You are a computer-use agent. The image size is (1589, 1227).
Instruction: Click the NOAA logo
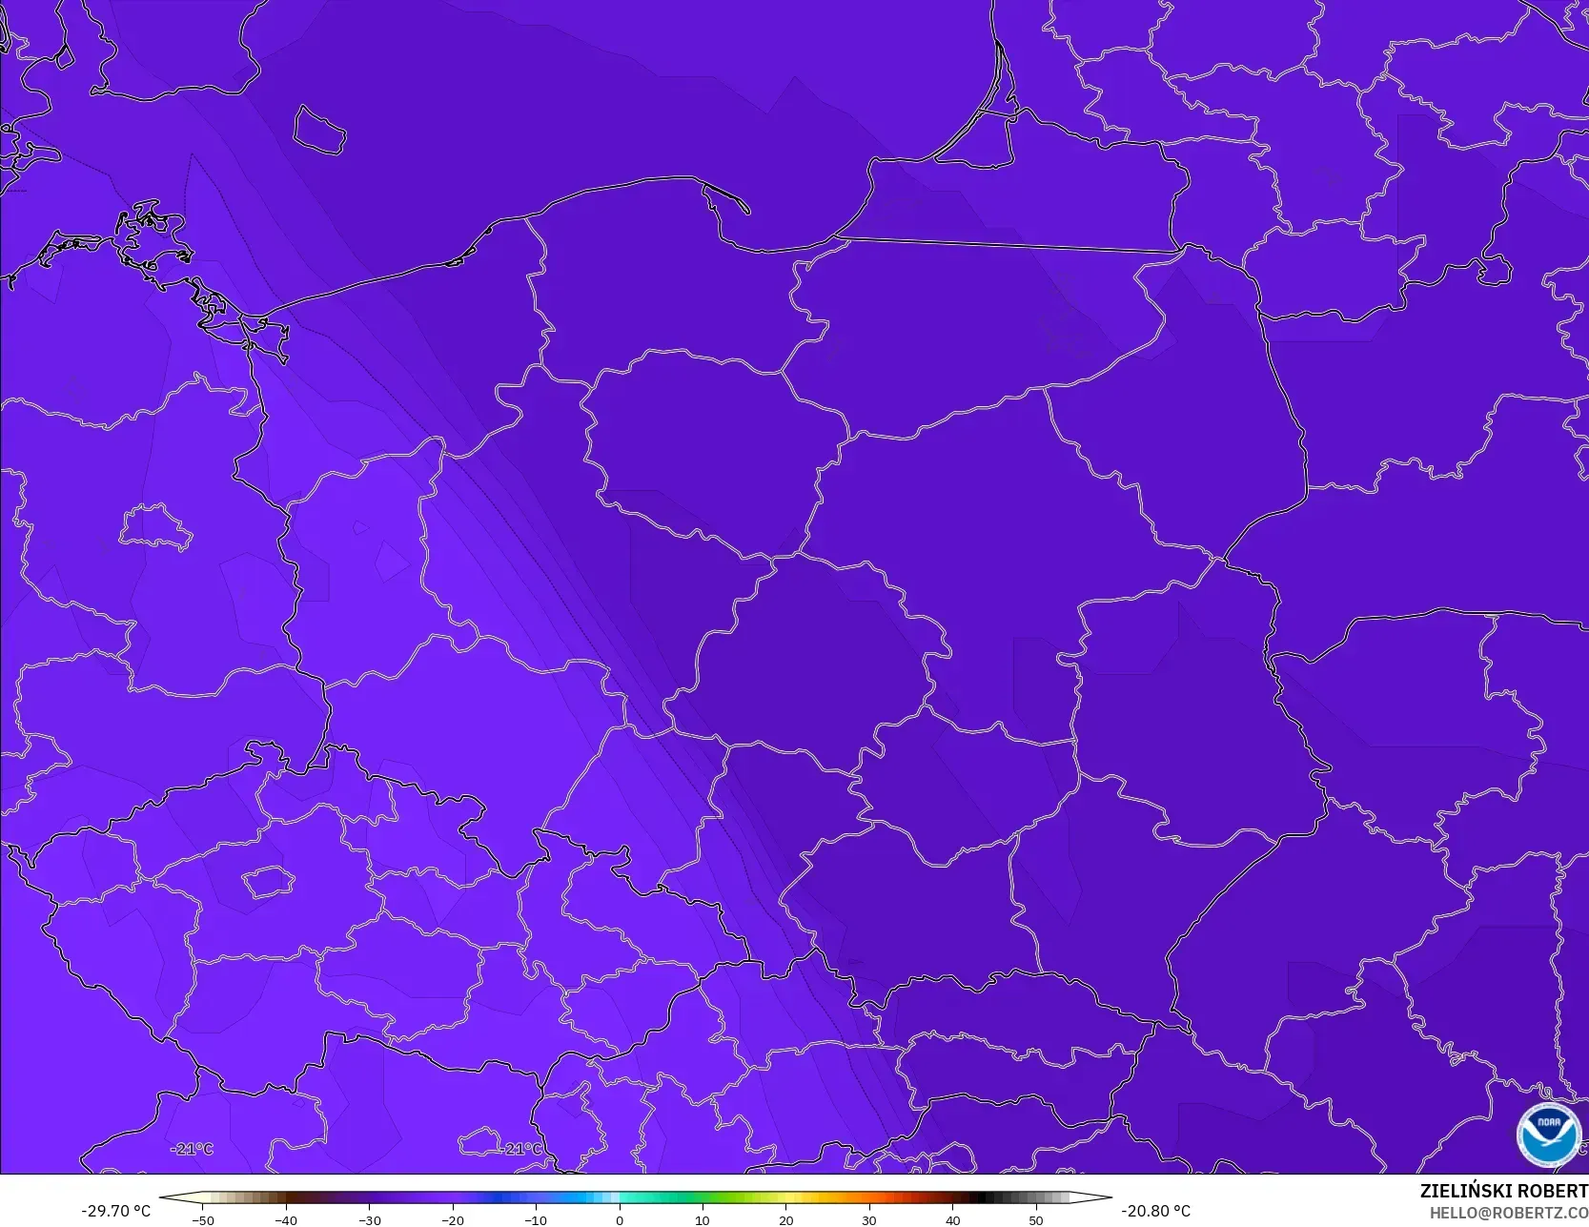(1548, 1135)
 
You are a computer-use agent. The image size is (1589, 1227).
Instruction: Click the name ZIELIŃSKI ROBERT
(1503, 1191)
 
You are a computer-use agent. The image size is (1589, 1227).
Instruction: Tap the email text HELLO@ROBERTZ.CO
(1508, 1212)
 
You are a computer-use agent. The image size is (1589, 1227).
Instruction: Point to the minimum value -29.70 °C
(116, 1211)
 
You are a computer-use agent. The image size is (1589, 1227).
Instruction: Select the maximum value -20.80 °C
(1155, 1211)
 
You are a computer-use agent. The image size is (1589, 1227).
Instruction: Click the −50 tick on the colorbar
(203, 1219)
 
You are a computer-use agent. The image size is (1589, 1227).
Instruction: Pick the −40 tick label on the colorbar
(286, 1219)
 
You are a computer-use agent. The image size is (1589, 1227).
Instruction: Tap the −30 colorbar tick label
(370, 1219)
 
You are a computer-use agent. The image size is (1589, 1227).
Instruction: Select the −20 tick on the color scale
(453, 1219)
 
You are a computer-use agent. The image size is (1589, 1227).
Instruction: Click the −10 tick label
(536, 1219)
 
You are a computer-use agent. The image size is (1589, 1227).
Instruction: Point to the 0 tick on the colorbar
(620, 1219)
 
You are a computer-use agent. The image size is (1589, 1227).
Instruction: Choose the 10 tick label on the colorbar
(703, 1219)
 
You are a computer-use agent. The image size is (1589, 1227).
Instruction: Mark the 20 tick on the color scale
(785, 1219)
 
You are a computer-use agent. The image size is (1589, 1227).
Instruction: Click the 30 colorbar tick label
(869, 1219)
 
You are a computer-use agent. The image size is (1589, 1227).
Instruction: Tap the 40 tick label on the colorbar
(952, 1219)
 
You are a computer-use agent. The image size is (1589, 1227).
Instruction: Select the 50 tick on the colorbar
(1035, 1219)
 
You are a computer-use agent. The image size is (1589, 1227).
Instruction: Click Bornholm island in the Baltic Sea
(318, 130)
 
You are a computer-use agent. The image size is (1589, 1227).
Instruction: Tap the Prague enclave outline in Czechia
(267, 881)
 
